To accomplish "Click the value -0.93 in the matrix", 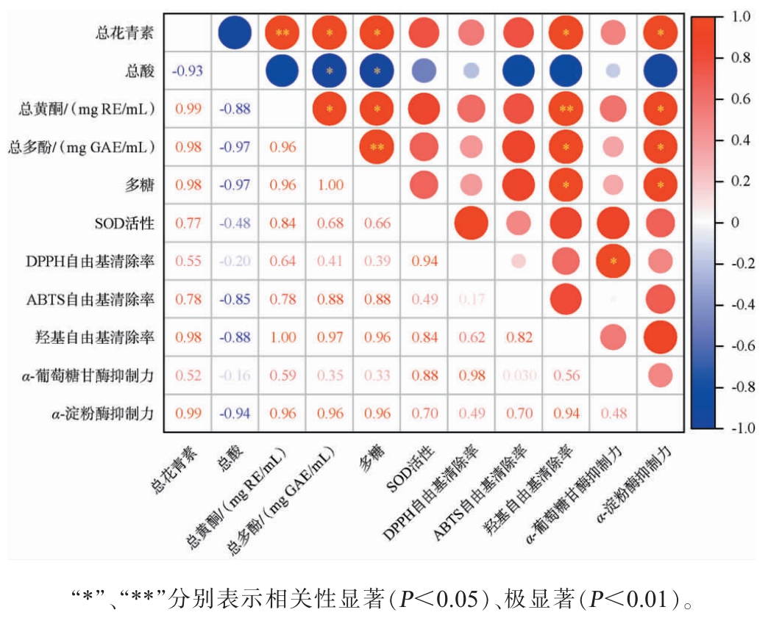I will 188,71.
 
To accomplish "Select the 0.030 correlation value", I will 519,376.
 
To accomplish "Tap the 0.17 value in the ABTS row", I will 472,299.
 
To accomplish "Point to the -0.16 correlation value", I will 235,376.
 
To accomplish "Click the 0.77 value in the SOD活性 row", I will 188,223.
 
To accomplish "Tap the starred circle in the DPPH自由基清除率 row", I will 613,261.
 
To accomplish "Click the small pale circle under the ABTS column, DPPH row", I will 519,261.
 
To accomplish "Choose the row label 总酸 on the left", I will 141,71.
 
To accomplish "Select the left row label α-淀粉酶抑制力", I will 107,414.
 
